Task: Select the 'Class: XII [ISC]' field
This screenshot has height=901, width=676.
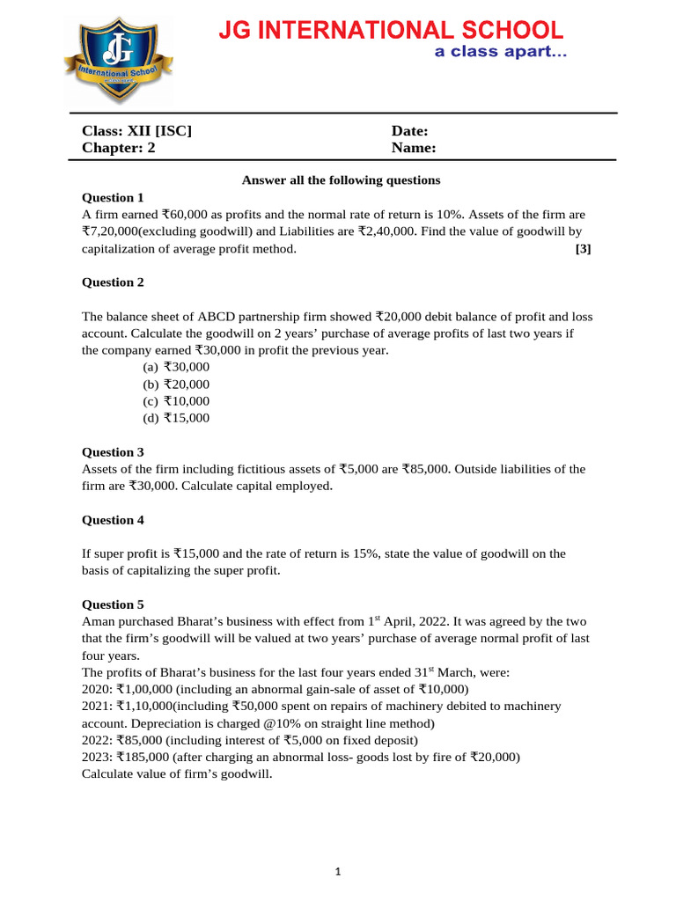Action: [136, 131]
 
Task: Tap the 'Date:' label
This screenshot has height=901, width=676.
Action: [409, 131]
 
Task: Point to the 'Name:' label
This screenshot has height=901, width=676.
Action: [414, 148]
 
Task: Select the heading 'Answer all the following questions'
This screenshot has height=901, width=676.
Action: [341, 180]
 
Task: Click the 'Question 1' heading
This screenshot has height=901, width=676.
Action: [112, 197]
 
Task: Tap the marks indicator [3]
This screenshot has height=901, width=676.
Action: [583, 249]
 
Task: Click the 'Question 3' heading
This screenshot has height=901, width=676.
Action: [112, 452]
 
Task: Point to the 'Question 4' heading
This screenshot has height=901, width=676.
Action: [112, 520]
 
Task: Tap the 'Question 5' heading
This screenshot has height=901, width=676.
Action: [112, 604]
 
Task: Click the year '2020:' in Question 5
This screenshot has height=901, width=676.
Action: [97, 689]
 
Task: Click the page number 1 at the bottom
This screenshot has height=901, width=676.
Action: [338, 872]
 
